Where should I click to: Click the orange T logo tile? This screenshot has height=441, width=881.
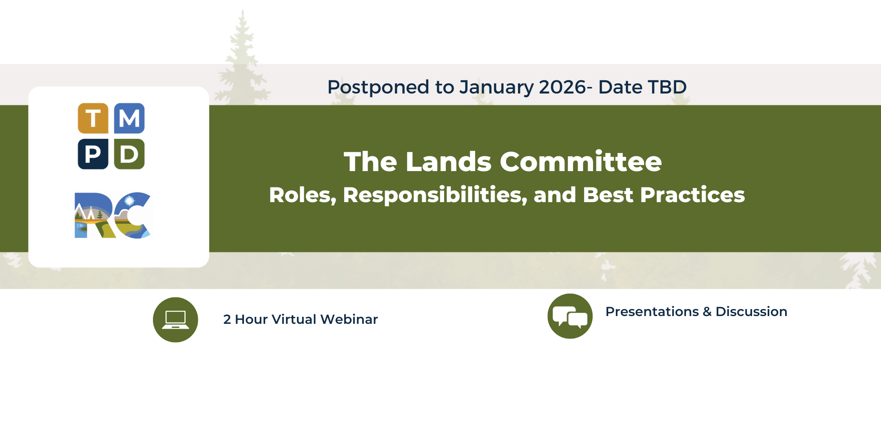[x=93, y=118]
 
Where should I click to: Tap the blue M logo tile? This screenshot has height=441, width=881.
[x=129, y=118]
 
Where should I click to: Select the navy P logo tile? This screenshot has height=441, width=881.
[x=93, y=154]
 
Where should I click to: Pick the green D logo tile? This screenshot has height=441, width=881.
[x=129, y=154]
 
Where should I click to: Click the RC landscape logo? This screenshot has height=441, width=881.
[x=113, y=215]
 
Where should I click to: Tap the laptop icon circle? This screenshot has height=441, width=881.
[x=175, y=320]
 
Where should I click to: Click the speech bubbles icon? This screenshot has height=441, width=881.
[x=570, y=316]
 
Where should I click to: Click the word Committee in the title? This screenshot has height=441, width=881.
[x=581, y=162]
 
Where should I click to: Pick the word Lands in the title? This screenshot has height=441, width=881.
[x=449, y=162]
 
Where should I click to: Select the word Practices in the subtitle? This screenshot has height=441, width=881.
[x=693, y=195]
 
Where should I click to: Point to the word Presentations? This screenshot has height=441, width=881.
[x=652, y=312]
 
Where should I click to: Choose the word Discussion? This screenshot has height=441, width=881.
[x=751, y=312]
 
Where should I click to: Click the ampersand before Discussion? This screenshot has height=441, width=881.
[x=707, y=312]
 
